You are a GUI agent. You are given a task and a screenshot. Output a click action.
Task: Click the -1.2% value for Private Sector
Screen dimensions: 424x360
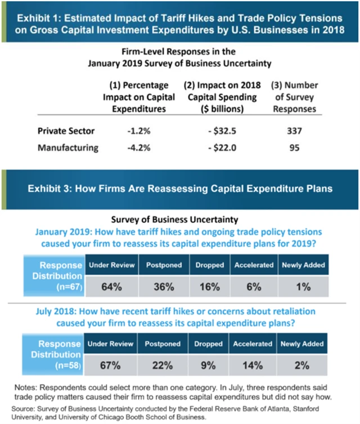(x=138, y=131)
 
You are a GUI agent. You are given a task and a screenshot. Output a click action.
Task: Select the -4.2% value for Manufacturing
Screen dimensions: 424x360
(x=138, y=148)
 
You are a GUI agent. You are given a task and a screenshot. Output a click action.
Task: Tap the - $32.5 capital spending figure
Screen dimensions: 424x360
(x=221, y=131)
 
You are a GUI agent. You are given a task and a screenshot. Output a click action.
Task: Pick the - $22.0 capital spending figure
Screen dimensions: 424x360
(x=221, y=148)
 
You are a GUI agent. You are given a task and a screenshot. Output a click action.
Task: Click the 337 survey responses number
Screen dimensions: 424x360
(x=294, y=131)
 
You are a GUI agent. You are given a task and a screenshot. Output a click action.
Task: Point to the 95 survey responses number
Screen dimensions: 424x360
(x=294, y=148)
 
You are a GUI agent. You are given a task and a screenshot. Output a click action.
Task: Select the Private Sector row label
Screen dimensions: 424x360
(x=66, y=131)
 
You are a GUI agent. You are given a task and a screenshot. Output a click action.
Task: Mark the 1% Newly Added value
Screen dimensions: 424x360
(x=304, y=286)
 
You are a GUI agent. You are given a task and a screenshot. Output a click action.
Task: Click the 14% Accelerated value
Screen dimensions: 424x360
(x=254, y=365)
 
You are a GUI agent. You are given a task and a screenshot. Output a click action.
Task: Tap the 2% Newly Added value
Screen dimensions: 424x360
(x=304, y=365)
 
